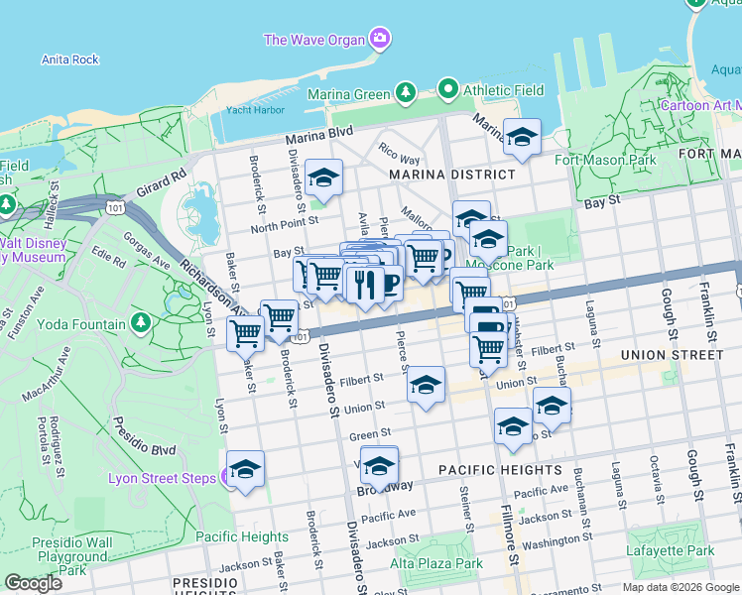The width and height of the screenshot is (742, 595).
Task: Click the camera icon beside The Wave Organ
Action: pyautogui.click(x=379, y=40)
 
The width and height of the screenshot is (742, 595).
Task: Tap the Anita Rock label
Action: pyautogui.click(x=70, y=59)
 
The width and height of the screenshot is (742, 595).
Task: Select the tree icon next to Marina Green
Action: pyautogui.click(x=405, y=94)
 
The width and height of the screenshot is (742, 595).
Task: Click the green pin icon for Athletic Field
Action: pyautogui.click(x=448, y=90)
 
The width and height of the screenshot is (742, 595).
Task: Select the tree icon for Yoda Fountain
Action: pyautogui.click(x=141, y=322)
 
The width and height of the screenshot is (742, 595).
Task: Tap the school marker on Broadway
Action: pyautogui.click(x=379, y=465)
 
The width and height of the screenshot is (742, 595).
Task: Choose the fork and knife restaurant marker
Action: pyautogui.click(x=364, y=284)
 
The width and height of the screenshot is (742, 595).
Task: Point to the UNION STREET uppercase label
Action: pyautogui.click(x=671, y=354)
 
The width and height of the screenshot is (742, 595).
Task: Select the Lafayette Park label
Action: pyautogui.click(x=670, y=550)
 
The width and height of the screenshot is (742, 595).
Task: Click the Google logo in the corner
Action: pyautogui.click(x=33, y=582)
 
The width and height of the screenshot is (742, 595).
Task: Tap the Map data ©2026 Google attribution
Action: pyautogui.click(x=680, y=587)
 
